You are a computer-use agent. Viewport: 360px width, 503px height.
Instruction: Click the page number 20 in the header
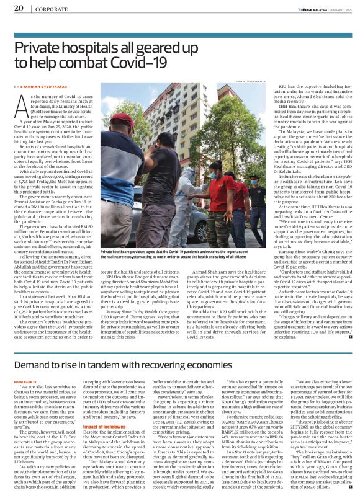[x=19, y=9]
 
